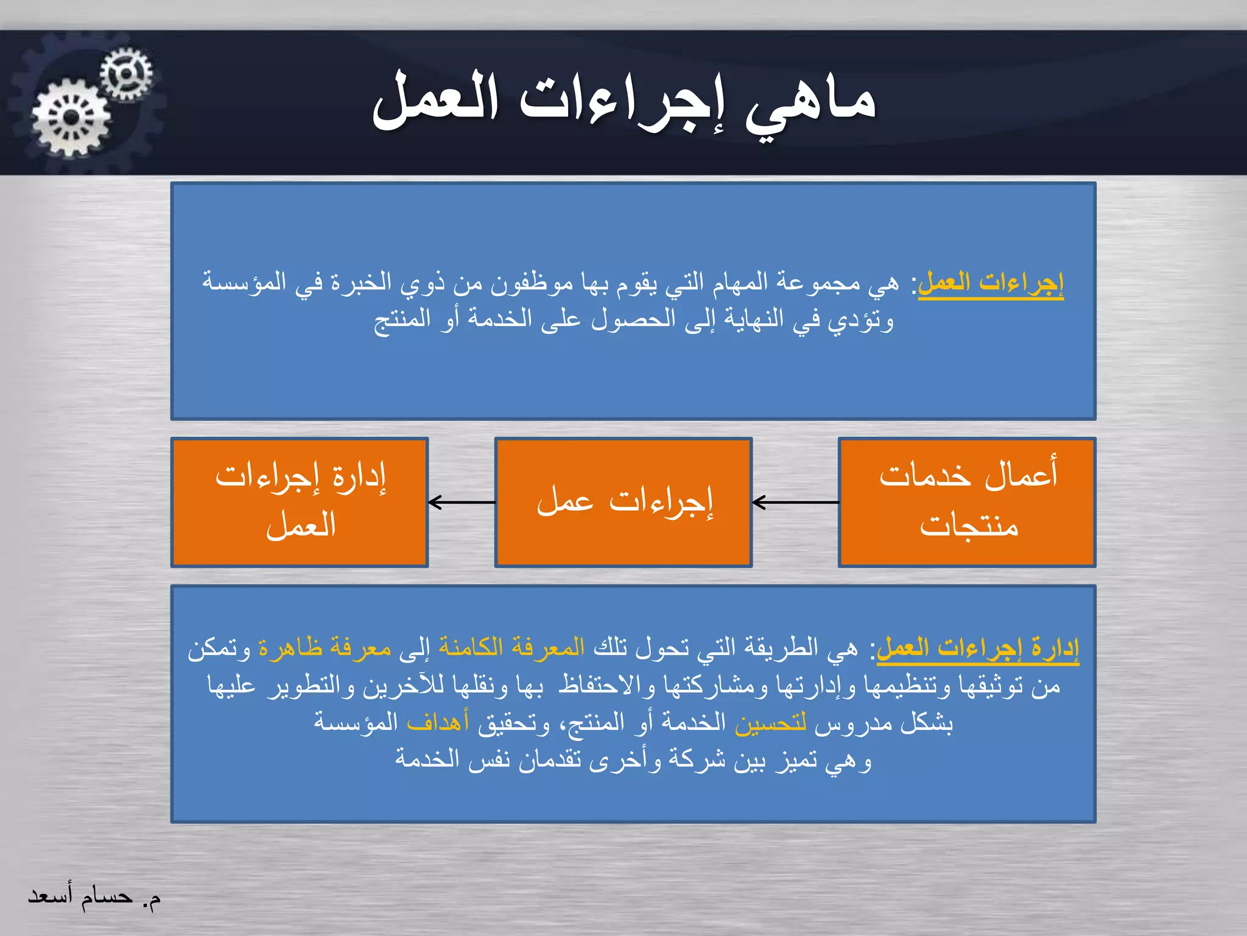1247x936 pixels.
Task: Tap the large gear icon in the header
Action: [71, 118]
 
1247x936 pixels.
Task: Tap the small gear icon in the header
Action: [126, 74]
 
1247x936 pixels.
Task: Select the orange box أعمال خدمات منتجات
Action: [967, 502]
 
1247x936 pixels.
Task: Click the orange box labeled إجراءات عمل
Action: [623, 502]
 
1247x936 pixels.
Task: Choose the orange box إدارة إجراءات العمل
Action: [300, 502]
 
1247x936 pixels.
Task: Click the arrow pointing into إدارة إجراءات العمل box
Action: [462, 503]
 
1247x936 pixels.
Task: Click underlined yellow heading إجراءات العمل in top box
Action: [991, 283]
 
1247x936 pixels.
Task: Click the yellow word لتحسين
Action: [771, 723]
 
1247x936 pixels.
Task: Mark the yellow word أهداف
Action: [438, 723]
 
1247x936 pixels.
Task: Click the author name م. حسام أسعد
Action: [94, 897]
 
